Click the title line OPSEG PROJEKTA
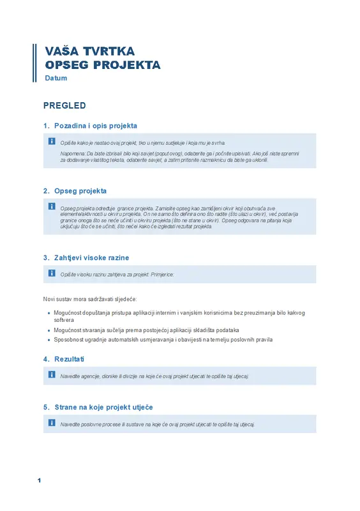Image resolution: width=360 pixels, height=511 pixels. [102, 65]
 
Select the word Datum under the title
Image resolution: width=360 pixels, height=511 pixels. [56, 78]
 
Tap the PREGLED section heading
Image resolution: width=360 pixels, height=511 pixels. [64, 105]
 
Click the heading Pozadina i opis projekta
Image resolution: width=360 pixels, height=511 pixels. [96, 126]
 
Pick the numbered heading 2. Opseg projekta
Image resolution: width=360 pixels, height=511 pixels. [75, 190]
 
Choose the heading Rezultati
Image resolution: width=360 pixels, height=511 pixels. [70, 359]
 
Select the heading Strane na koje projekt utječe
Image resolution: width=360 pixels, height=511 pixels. [103, 407]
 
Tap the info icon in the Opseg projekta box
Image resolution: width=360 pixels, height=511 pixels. [52, 206]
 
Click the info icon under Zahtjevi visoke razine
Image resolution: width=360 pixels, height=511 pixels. [52, 273]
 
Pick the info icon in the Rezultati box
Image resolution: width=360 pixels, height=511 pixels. [52, 374]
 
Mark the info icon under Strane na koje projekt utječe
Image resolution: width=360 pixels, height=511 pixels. [52, 422]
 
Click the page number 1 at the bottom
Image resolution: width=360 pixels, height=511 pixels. [39, 480]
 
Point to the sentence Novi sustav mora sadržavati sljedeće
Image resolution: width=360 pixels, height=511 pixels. [89, 299]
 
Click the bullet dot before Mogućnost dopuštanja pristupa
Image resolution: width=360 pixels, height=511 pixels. [49, 313]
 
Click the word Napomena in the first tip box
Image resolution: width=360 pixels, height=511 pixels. [72, 154]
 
